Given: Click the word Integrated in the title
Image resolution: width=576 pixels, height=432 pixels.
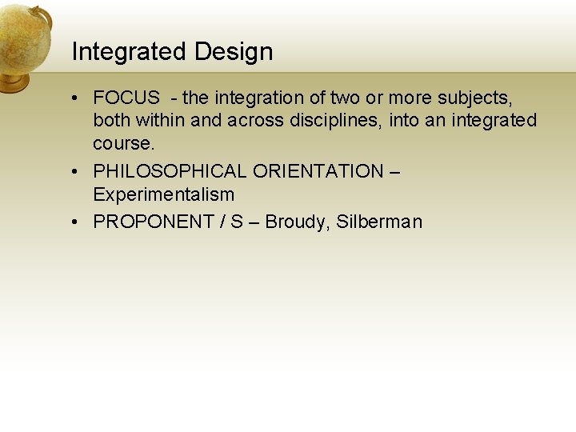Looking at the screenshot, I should (x=120, y=53).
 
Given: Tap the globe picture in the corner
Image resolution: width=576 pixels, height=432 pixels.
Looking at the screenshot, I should (x=24, y=44).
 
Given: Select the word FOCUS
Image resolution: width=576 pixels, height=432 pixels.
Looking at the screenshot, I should (x=127, y=98).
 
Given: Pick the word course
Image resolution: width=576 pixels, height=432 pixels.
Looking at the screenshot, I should (x=122, y=144).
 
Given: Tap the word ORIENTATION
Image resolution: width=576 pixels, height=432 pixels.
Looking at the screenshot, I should (x=318, y=171).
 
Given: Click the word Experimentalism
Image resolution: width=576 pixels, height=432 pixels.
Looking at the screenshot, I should (x=163, y=194).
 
